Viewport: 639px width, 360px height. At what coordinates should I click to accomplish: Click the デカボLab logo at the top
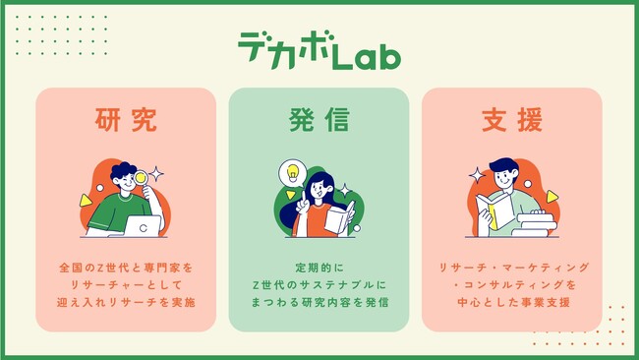(x=319, y=50)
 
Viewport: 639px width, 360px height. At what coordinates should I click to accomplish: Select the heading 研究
(x=126, y=120)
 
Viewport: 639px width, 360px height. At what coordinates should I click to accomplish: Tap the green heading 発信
(x=319, y=120)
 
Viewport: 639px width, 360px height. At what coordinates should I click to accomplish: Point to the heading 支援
(x=512, y=120)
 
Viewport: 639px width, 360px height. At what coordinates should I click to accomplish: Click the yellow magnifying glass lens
(x=141, y=177)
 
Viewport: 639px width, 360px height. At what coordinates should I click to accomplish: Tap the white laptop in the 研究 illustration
(x=143, y=226)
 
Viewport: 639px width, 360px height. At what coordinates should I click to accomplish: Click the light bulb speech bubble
(x=292, y=173)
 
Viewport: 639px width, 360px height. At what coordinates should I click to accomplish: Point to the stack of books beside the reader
(x=534, y=225)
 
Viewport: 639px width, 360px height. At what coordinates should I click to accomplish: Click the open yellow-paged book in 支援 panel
(x=495, y=210)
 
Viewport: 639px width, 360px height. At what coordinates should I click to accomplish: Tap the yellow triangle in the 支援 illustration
(x=552, y=197)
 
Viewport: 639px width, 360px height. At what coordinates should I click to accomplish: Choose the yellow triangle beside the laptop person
(x=86, y=201)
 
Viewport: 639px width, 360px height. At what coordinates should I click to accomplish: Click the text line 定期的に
(x=319, y=268)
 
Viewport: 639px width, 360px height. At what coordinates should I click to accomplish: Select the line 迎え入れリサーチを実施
(x=126, y=302)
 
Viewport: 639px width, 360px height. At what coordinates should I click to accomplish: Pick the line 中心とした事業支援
(x=513, y=302)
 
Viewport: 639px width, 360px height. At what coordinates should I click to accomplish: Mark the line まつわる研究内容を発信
(x=319, y=302)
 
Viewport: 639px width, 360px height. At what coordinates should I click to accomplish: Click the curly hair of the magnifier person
(x=123, y=170)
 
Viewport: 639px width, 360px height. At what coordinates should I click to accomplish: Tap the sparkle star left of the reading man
(x=477, y=175)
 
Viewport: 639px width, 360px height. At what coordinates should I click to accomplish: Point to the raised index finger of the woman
(x=304, y=197)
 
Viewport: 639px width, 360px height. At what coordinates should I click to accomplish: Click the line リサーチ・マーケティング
(x=513, y=268)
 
